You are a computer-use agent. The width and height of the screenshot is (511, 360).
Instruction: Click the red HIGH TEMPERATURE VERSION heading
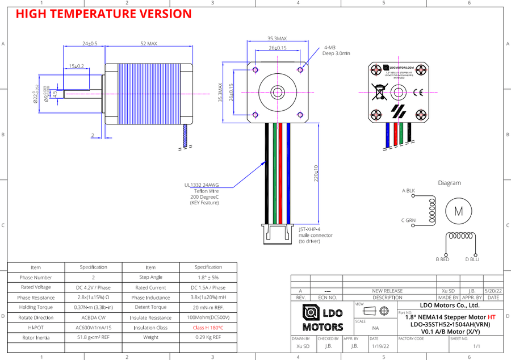click(x=103, y=14)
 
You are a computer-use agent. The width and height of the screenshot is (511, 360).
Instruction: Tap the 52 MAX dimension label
click(x=148, y=43)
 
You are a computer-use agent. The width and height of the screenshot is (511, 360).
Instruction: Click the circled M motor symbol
click(x=458, y=211)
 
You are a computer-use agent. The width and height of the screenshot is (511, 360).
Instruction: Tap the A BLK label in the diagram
click(x=408, y=191)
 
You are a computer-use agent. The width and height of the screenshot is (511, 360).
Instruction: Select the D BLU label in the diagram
click(x=472, y=259)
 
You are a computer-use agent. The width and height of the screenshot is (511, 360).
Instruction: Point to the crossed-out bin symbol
click(x=379, y=91)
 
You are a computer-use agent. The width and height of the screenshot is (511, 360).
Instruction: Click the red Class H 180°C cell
click(x=208, y=328)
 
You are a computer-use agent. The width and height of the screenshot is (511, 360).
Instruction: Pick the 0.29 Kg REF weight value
click(x=208, y=338)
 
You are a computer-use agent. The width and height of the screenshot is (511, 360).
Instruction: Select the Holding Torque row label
click(x=35, y=307)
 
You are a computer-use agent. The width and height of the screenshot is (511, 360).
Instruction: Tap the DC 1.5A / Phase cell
click(x=208, y=287)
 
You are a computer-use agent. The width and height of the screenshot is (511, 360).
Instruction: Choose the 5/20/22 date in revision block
click(x=493, y=290)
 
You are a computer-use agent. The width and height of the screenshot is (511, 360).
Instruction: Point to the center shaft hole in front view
click(x=278, y=91)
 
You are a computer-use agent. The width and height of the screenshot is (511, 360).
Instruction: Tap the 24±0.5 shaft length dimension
click(x=90, y=43)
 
